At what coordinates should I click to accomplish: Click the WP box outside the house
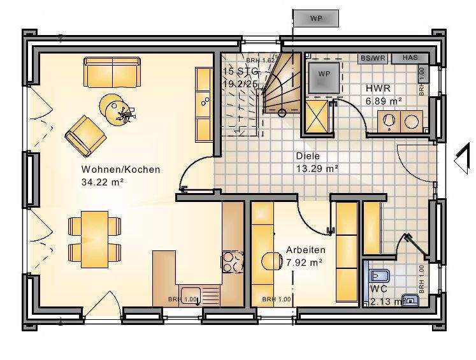[315, 18]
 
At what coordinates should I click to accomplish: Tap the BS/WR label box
[373, 58]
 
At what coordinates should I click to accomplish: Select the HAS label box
[410, 58]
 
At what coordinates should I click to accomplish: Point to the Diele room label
[307, 155]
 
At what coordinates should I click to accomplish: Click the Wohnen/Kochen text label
[120, 170]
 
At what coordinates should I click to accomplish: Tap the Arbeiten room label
[306, 250]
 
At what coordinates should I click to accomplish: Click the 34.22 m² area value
[102, 182]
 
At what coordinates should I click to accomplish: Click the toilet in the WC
[378, 275]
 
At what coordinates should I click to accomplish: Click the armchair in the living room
[85, 134]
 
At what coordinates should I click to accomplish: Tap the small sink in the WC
[412, 299]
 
